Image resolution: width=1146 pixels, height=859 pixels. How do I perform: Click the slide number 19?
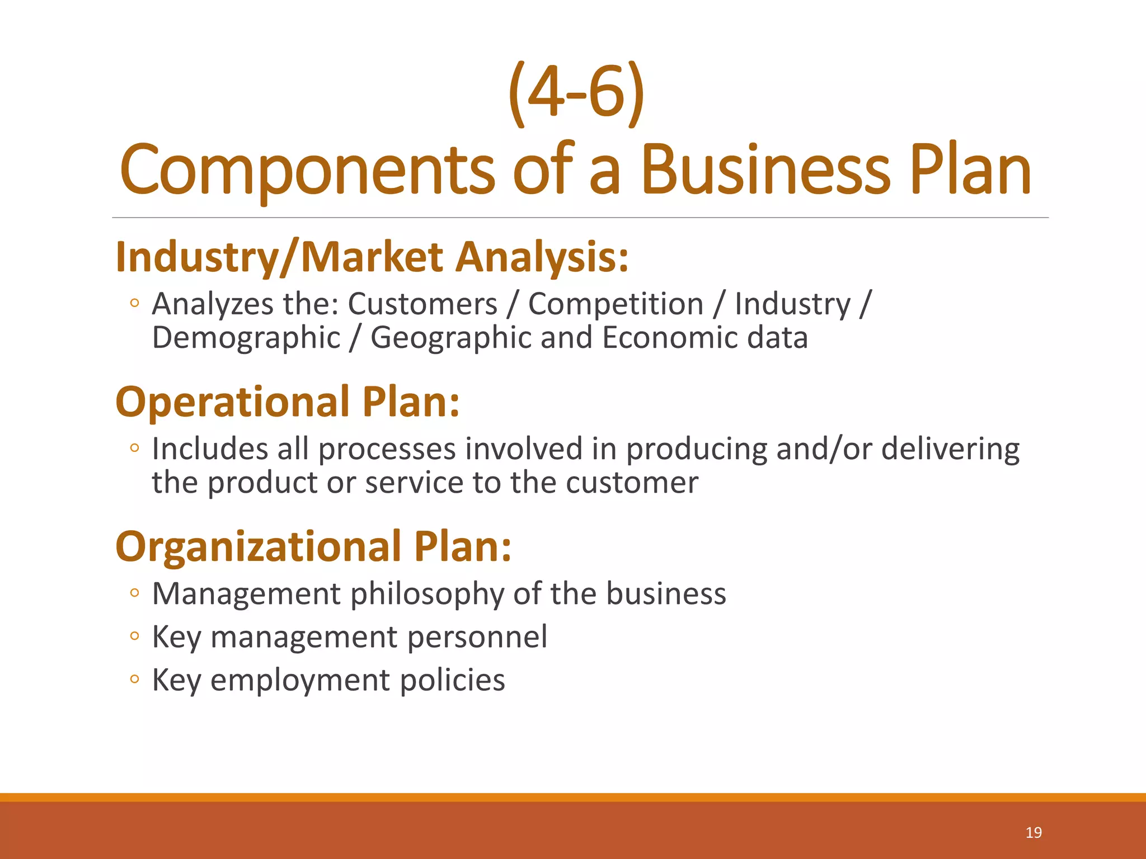coord(1034,833)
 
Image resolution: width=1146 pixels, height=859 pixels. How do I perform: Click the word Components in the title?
coord(307,171)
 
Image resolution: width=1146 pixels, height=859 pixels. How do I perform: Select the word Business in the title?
coord(765,171)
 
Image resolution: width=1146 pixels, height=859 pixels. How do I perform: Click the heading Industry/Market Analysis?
coord(372,257)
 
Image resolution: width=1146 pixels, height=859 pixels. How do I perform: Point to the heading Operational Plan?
coord(288,402)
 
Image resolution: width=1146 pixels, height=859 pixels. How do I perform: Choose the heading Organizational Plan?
coord(313,546)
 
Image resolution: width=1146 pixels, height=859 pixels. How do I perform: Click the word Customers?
coord(422,305)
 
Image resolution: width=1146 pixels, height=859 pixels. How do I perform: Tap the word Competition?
coord(616,305)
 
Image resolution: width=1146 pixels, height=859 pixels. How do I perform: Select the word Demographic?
coord(246,338)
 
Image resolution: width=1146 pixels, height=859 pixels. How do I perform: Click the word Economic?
coord(670,338)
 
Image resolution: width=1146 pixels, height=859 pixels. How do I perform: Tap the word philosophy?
coord(428,594)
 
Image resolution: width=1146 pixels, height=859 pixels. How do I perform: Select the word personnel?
coord(477,638)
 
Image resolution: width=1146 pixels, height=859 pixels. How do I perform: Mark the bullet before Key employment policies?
coord(134,679)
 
